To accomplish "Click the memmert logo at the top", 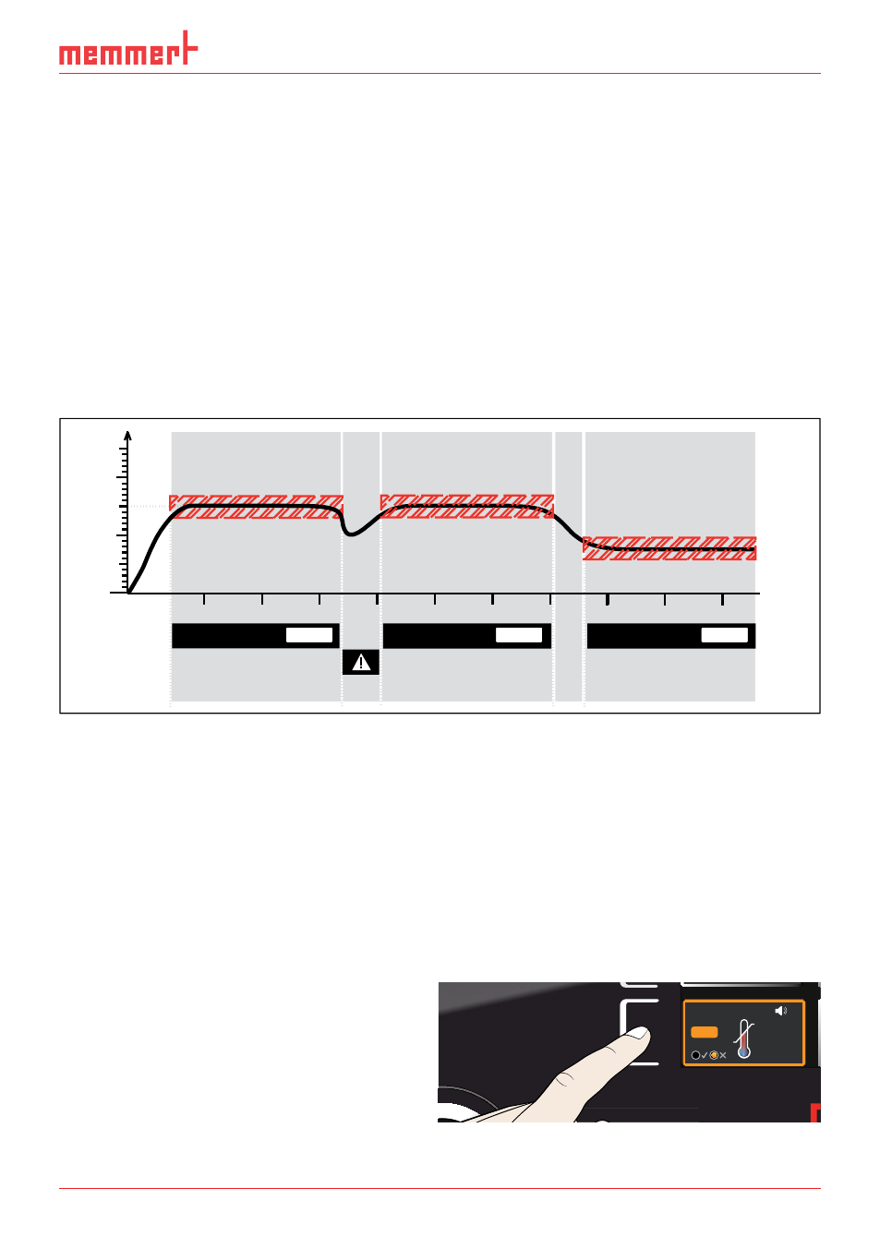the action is coord(128,49).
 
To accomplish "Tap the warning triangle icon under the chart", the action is coord(360,663).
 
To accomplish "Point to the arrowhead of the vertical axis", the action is coord(127,435).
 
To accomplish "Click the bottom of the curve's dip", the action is coord(350,534).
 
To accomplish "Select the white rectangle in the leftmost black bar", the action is coord(309,635).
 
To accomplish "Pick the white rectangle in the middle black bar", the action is coord(519,635).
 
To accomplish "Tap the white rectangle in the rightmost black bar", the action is coord(725,635).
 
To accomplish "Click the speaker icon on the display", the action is coord(781,1011).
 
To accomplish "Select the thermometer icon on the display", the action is coord(744,1039).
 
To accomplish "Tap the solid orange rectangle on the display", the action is coord(704,1032).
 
